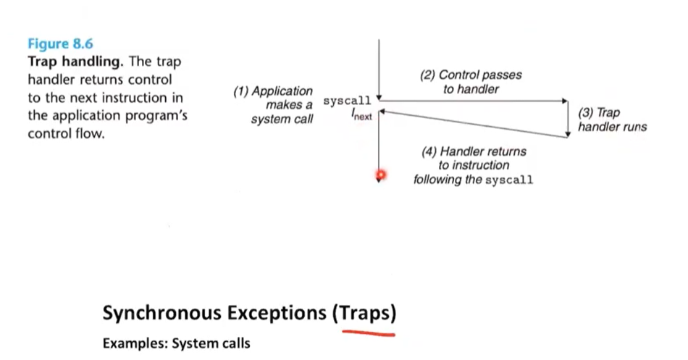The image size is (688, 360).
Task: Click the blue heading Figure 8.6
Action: coord(60,44)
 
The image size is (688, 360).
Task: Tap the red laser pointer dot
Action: coord(379,175)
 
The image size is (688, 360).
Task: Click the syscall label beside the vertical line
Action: coord(347,101)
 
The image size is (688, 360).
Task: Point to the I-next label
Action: coord(361,114)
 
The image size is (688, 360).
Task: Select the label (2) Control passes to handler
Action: coord(470,82)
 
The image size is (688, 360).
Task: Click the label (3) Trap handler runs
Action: coord(612,120)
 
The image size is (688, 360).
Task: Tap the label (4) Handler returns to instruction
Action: coord(474,165)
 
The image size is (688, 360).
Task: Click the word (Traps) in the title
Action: coord(365,313)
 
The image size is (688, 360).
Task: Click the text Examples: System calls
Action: coord(176,343)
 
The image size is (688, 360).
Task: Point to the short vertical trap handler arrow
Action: coord(568,120)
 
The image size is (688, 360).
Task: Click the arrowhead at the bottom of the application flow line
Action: coord(378,181)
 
